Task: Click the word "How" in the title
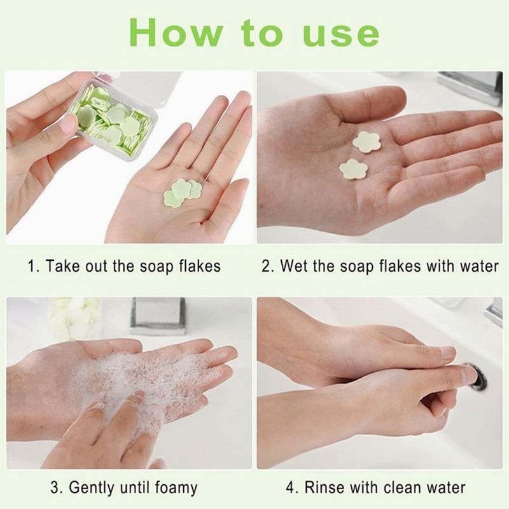coord(176,33)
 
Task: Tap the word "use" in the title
coord(341,35)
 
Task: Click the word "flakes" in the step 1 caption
coord(200,266)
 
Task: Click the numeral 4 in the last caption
coord(291,488)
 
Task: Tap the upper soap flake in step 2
coord(366,141)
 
